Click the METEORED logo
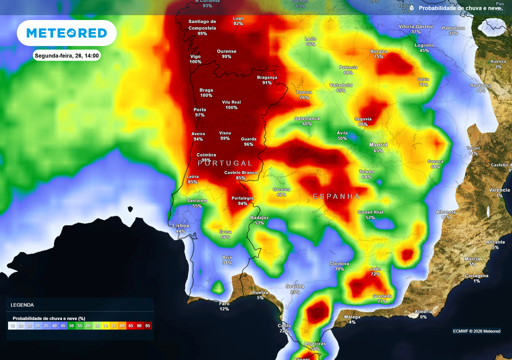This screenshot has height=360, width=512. pyautogui.click(x=66, y=33)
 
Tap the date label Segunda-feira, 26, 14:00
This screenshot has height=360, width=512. pyautogui.click(x=66, y=55)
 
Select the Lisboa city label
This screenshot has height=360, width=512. pyautogui.click(x=180, y=225)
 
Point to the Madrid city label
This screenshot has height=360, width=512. pyautogui.click(x=378, y=145)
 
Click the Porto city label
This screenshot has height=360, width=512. pyautogui.click(x=200, y=109)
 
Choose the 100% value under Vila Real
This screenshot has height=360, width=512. pyautogui.click(x=231, y=107)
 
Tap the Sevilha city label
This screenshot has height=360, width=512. pyautogui.click(x=295, y=286)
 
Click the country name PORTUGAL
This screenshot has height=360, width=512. pyautogui.click(x=225, y=163)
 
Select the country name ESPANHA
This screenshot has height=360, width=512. pyautogui.click(x=336, y=196)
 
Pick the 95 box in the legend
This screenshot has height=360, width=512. pyautogui.click(x=147, y=325)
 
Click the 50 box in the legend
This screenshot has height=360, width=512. pyautogui.click(x=71, y=325)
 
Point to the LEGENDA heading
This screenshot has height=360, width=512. pyautogui.click(x=22, y=304)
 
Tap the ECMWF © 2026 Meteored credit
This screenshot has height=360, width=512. pyautogui.click(x=476, y=331)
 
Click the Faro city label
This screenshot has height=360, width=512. pyautogui.click(x=224, y=303)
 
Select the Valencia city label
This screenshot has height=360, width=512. pyautogui.click(x=499, y=190)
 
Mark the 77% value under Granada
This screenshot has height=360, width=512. pyautogui.click(x=382, y=301)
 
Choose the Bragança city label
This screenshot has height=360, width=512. pyautogui.click(x=266, y=77)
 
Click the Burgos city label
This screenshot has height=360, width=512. pyautogui.click(x=378, y=51)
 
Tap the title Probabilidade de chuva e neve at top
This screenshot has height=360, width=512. pyautogui.click(x=459, y=8)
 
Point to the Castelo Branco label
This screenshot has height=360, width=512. pyautogui.click(x=240, y=172)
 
